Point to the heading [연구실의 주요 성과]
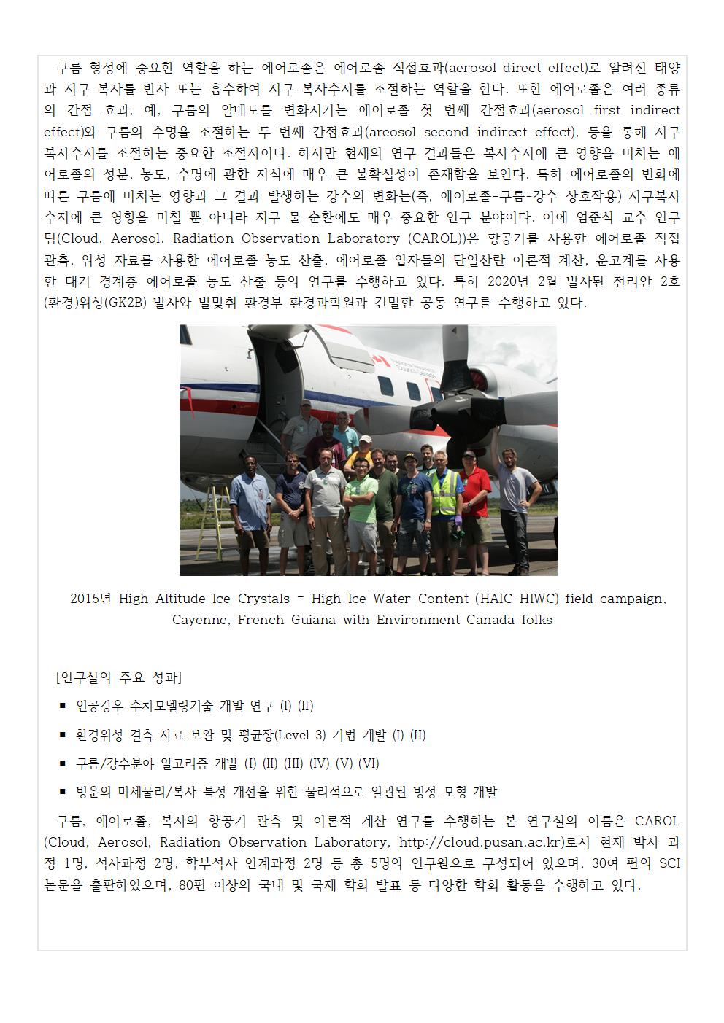(118, 677)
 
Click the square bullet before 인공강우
(63, 706)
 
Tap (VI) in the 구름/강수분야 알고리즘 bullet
(369, 763)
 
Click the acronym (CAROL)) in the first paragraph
(435, 238)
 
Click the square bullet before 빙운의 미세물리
(63, 792)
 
